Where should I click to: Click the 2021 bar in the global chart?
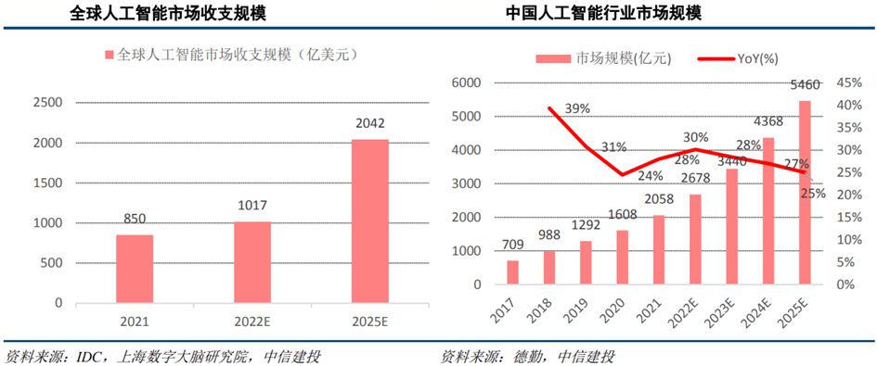[135, 269]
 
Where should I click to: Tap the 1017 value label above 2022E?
[251, 208]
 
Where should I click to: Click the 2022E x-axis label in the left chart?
[251, 324]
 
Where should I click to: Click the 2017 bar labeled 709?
[512, 272]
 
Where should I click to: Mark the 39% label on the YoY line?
[577, 108]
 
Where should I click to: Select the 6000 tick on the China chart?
[464, 82]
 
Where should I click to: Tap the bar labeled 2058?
[659, 249]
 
